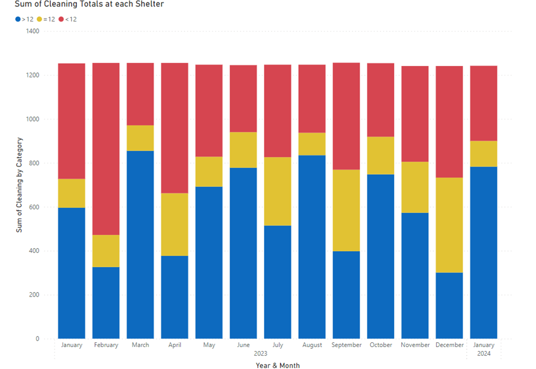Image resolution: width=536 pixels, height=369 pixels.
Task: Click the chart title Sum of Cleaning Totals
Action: [89, 5]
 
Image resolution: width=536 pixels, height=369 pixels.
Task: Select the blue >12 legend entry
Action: [24, 19]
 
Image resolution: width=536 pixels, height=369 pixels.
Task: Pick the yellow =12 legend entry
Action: [46, 19]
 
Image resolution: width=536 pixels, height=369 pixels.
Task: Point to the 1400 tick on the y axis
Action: [32, 31]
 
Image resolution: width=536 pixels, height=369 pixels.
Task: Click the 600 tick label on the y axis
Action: [34, 207]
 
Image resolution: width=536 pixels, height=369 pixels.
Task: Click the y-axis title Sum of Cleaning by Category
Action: [19, 185]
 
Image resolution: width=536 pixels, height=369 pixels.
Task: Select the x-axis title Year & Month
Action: [278, 365]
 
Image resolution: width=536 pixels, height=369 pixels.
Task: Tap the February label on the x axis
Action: [106, 345]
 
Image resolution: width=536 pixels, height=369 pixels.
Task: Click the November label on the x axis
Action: [415, 345]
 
